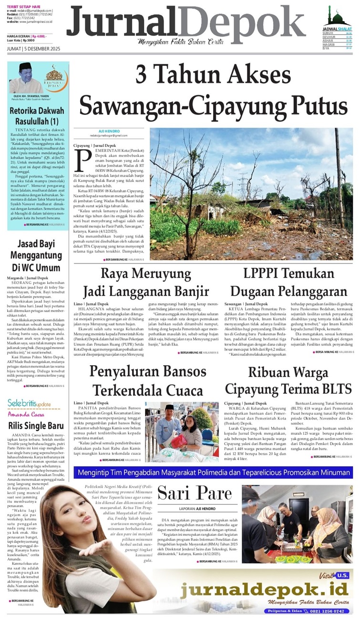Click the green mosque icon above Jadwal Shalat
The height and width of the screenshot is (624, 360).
(338, 17)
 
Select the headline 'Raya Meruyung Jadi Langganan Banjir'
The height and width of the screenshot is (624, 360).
(146, 283)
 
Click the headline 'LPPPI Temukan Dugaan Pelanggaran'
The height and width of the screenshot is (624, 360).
(288, 283)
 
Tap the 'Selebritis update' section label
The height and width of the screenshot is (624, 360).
(30, 403)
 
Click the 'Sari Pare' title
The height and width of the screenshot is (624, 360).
(195, 492)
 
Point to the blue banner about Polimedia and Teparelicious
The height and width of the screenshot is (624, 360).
(213, 472)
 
